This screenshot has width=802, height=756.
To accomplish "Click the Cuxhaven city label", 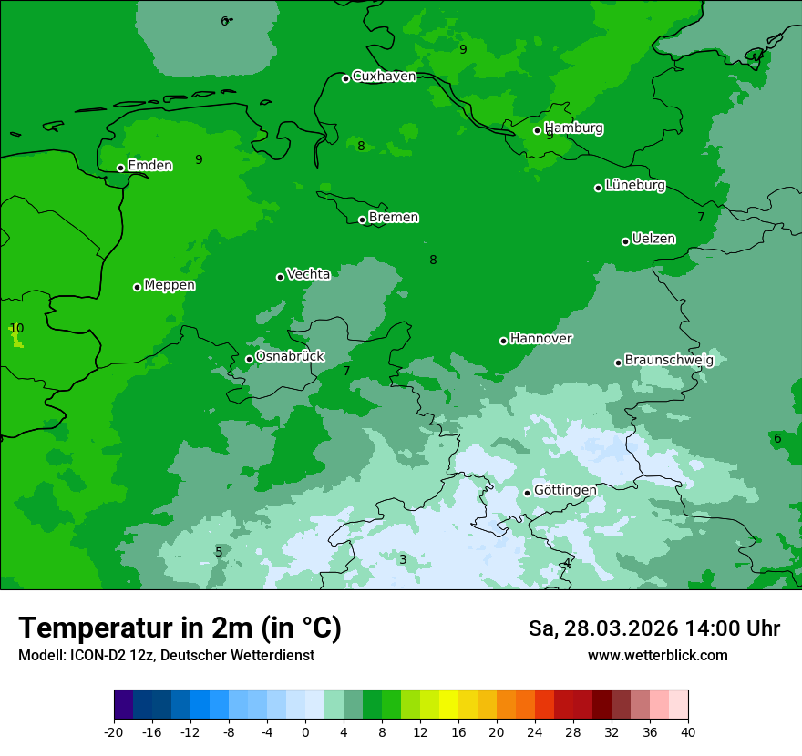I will tap(384, 77).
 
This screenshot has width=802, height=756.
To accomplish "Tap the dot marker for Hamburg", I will tap(537, 130).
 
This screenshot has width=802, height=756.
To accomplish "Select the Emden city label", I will tap(149, 166).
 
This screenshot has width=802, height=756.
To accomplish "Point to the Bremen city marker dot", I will tap(362, 220).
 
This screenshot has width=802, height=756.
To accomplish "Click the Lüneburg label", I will tap(635, 186).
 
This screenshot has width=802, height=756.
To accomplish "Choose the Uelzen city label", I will tap(653, 240).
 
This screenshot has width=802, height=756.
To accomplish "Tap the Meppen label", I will tap(170, 286).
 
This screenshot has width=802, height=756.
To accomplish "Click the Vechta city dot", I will tap(280, 277).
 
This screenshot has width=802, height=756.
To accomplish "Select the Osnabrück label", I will tap(290, 357).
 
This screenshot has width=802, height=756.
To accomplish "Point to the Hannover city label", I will tap(541, 339).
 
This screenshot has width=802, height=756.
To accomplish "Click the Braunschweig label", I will tap(669, 361).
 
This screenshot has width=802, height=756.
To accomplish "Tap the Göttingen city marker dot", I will tap(527, 493).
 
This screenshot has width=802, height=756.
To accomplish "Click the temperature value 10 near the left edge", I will tap(16, 328).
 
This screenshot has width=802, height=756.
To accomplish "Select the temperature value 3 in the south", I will tap(403, 559).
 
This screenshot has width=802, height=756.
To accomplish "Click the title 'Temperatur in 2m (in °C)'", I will tap(180, 628).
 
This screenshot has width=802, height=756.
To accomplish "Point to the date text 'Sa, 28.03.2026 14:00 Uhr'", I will tap(653, 628).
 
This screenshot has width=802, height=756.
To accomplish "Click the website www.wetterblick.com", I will tap(657, 656).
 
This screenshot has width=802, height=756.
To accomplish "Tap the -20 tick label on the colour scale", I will tap(114, 732).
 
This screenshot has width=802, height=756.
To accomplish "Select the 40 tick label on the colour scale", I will tap(688, 732).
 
